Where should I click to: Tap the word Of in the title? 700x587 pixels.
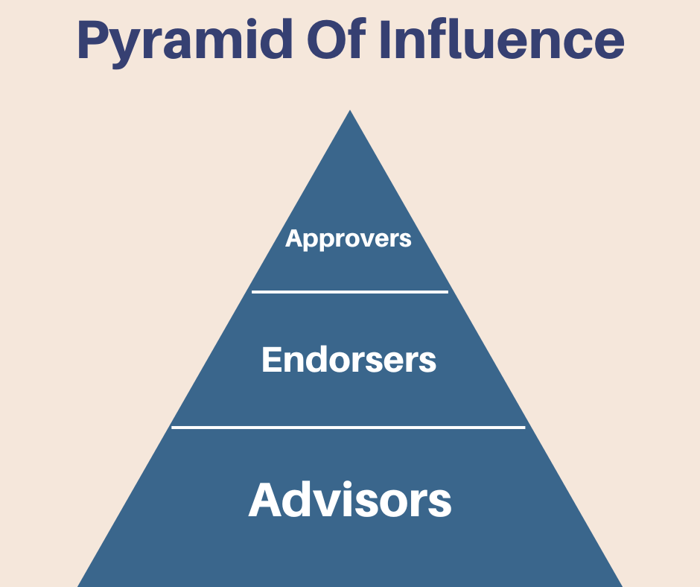click(x=328, y=41)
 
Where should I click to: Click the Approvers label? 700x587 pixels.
click(x=349, y=239)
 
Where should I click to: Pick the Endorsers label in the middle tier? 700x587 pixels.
click(x=349, y=360)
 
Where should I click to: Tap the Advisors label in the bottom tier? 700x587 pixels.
click(x=350, y=499)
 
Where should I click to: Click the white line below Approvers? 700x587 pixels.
click(x=350, y=292)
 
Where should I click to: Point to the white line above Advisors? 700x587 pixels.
click(x=349, y=428)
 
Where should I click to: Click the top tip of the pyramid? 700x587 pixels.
click(x=350, y=112)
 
